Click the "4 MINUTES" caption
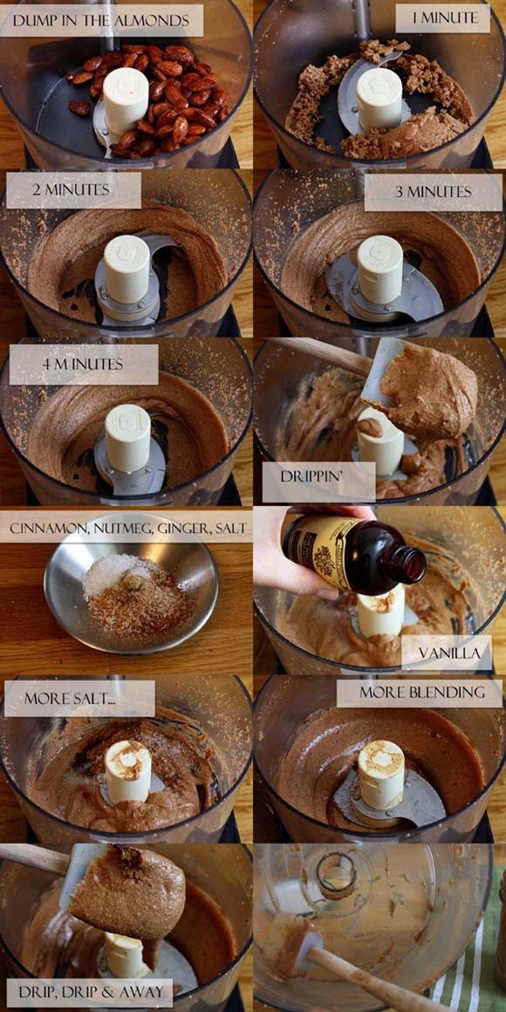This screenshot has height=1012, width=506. [x=83, y=364]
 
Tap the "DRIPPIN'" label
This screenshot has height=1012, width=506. [x=318, y=477]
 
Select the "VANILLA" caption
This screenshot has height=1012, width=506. [x=449, y=653]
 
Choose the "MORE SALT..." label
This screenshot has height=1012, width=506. [x=80, y=698]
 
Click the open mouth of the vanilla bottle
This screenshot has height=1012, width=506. [x=412, y=564]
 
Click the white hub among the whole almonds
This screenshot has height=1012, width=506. [x=126, y=100]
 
